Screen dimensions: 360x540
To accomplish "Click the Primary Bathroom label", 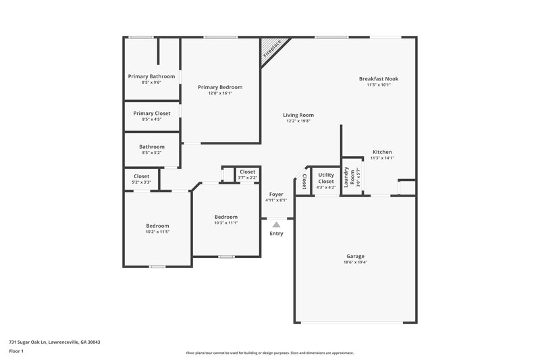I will [152, 76].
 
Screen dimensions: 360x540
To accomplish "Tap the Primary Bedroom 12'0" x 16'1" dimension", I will [219, 93].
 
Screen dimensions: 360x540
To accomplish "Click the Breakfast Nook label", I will [378, 78].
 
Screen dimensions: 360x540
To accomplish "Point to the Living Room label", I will [298, 115].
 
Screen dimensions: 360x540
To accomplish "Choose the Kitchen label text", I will [382, 152].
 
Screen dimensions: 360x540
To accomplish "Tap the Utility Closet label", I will [326, 178].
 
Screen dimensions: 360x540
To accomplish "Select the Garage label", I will [356, 256].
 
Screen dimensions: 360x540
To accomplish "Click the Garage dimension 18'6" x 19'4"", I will [356, 263].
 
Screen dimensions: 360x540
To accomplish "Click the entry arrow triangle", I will [276, 225].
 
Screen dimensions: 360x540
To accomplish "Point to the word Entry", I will [276, 234].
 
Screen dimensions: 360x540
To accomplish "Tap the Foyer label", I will [276, 194].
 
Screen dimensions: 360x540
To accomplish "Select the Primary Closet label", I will [152, 113].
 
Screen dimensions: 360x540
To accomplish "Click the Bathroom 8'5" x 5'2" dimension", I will [152, 153].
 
